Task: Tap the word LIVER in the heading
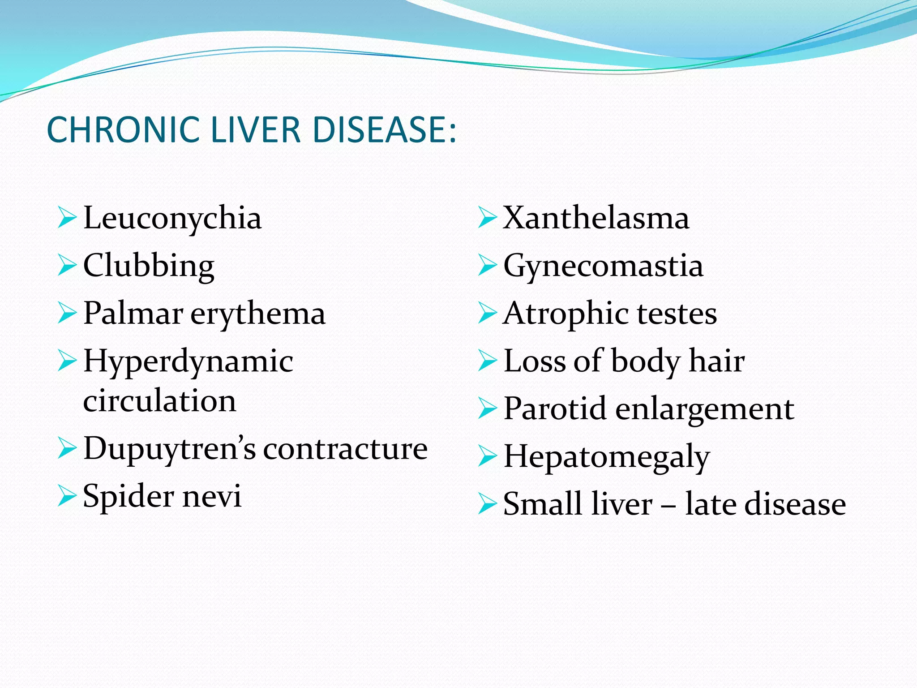point(255,130)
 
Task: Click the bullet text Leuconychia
point(172,218)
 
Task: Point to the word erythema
point(258,314)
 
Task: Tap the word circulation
point(159,401)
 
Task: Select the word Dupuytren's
point(170,449)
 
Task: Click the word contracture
point(345,449)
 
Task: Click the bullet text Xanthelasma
point(596,218)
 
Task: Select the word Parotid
point(555,408)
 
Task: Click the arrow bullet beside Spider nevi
point(67,496)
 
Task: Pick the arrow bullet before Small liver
point(487,504)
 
